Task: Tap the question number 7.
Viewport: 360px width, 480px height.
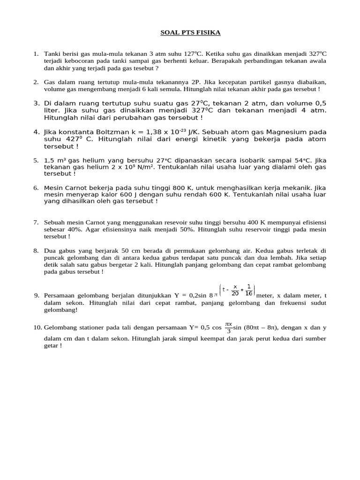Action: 36,222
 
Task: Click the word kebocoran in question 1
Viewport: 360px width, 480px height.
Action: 84,61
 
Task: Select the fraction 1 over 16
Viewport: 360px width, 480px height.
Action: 248,290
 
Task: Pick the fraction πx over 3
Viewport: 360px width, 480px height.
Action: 228,327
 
